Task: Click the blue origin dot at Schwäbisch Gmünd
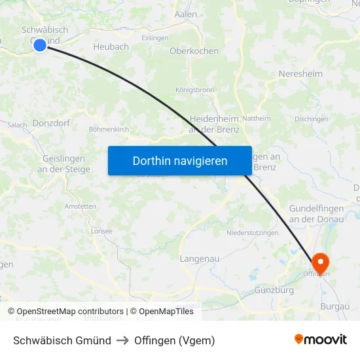(x=39, y=45)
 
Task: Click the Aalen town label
(x=186, y=14)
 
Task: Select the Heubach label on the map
(x=111, y=47)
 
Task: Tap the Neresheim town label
(x=300, y=74)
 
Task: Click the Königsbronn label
(x=194, y=90)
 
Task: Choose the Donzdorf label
(x=51, y=122)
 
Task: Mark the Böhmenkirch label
(x=109, y=130)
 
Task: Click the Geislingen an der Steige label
(x=63, y=164)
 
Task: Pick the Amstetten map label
(x=80, y=206)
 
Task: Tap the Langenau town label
(x=199, y=259)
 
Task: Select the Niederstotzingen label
(x=252, y=233)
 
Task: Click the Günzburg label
(x=274, y=289)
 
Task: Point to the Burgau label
(x=335, y=306)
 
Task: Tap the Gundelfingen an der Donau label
(x=316, y=213)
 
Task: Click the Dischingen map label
(x=311, y=119)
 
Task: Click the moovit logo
(x=321, y=340)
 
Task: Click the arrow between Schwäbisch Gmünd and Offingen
(x=122, y=340)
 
